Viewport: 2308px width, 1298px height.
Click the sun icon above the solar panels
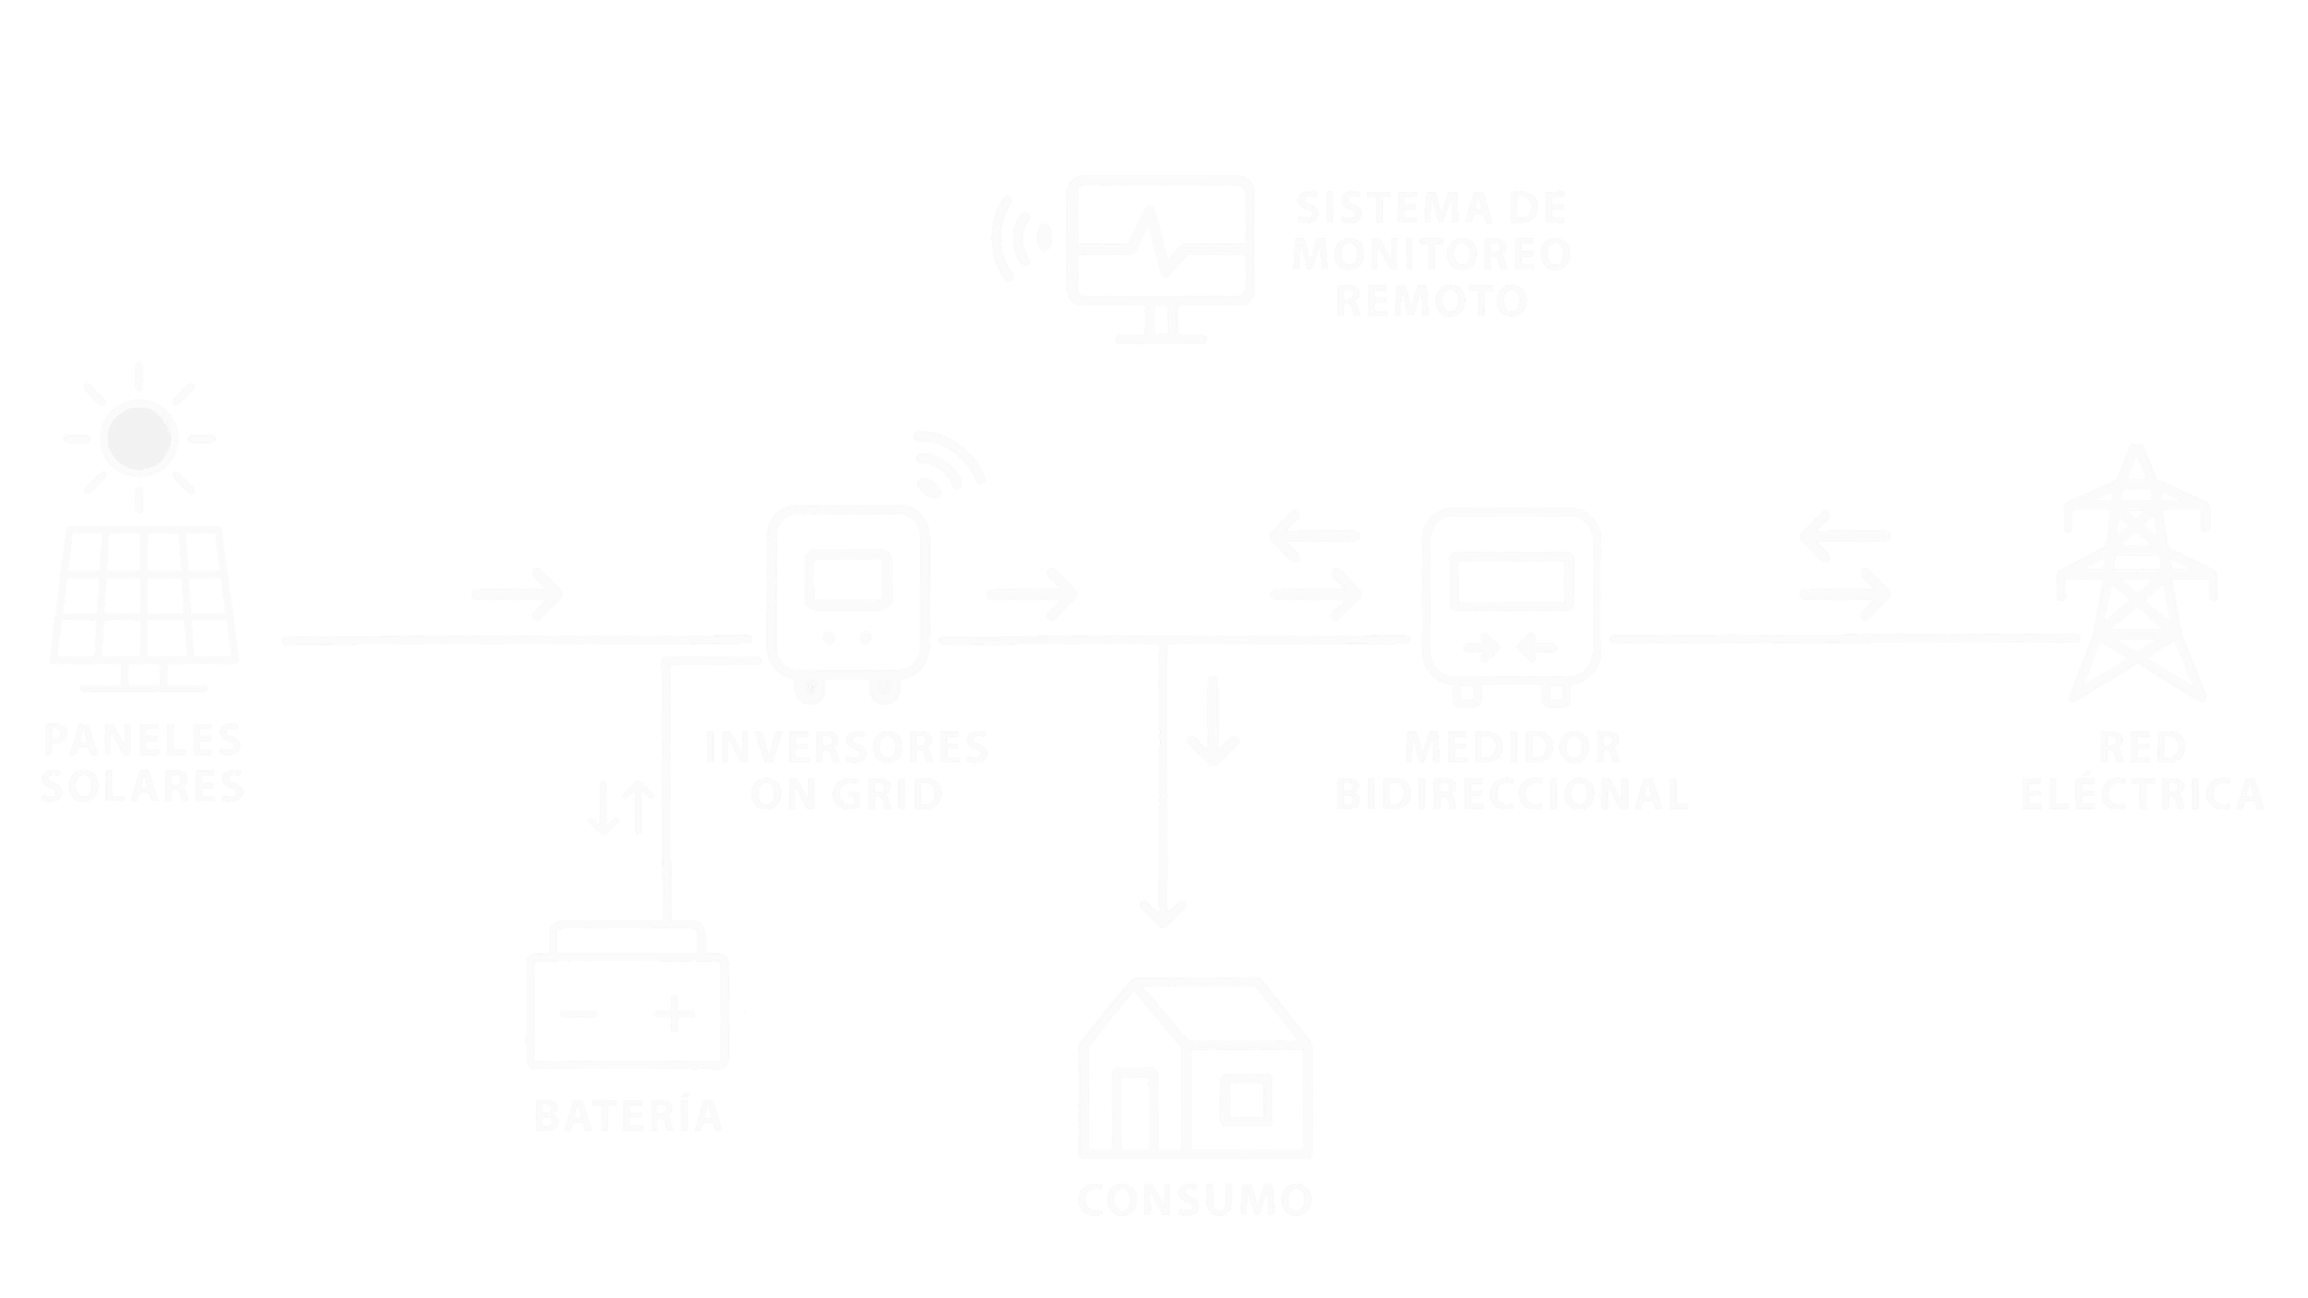[x=139, y=438]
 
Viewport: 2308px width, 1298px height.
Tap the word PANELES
[x=142, y=741]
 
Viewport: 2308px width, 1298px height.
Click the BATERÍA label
[x=628, y=1116]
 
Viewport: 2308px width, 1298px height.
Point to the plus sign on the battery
[x=674, y=1013]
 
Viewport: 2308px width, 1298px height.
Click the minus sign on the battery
[x=578, y=1013]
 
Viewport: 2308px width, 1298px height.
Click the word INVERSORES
[x=847, y=748]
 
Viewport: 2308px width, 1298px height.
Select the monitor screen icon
[x=1160, y=252]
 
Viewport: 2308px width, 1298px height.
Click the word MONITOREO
[x=1432, y=254]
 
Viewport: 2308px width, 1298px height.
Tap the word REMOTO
[x=1430, y=301]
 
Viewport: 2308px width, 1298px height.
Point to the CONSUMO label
[x=1195, y=1200]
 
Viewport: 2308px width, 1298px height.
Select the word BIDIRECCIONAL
[x=1511, y=795]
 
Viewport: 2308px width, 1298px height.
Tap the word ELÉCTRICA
[x=2142, y=795]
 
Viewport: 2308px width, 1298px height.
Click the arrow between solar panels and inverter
[x=517, y=594]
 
